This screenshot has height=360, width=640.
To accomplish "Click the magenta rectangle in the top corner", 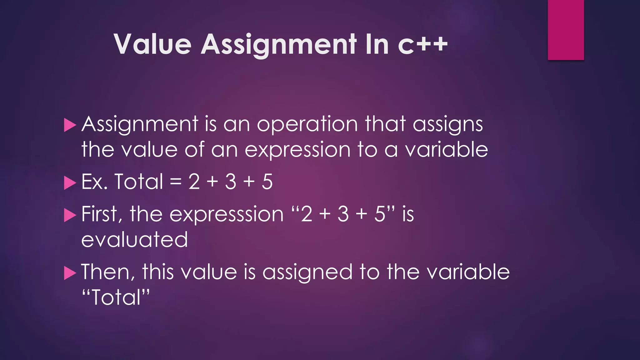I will [566, 30].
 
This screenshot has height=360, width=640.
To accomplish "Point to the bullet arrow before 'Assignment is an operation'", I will [70, 125].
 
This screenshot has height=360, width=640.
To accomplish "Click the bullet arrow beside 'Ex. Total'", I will [70, 183].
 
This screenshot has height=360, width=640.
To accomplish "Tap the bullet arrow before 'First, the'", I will [70, 215].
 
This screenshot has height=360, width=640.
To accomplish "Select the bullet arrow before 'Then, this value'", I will [70, 273].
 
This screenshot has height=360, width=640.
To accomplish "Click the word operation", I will [307, 125].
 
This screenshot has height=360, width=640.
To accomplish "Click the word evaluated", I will [134, 240].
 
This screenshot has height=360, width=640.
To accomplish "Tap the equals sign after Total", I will [176, 182].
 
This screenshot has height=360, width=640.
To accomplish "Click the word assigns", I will [448, 125].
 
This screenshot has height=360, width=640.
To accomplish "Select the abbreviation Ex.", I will [95, 182].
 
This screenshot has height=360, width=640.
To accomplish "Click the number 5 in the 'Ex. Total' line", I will [267, 182].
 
